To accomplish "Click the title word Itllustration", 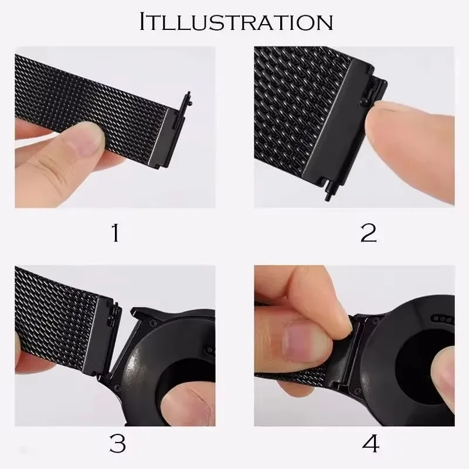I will point(236,22).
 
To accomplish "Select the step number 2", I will point(368,233).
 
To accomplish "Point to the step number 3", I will point(117,444).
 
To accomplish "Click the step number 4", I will point(370,444).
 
